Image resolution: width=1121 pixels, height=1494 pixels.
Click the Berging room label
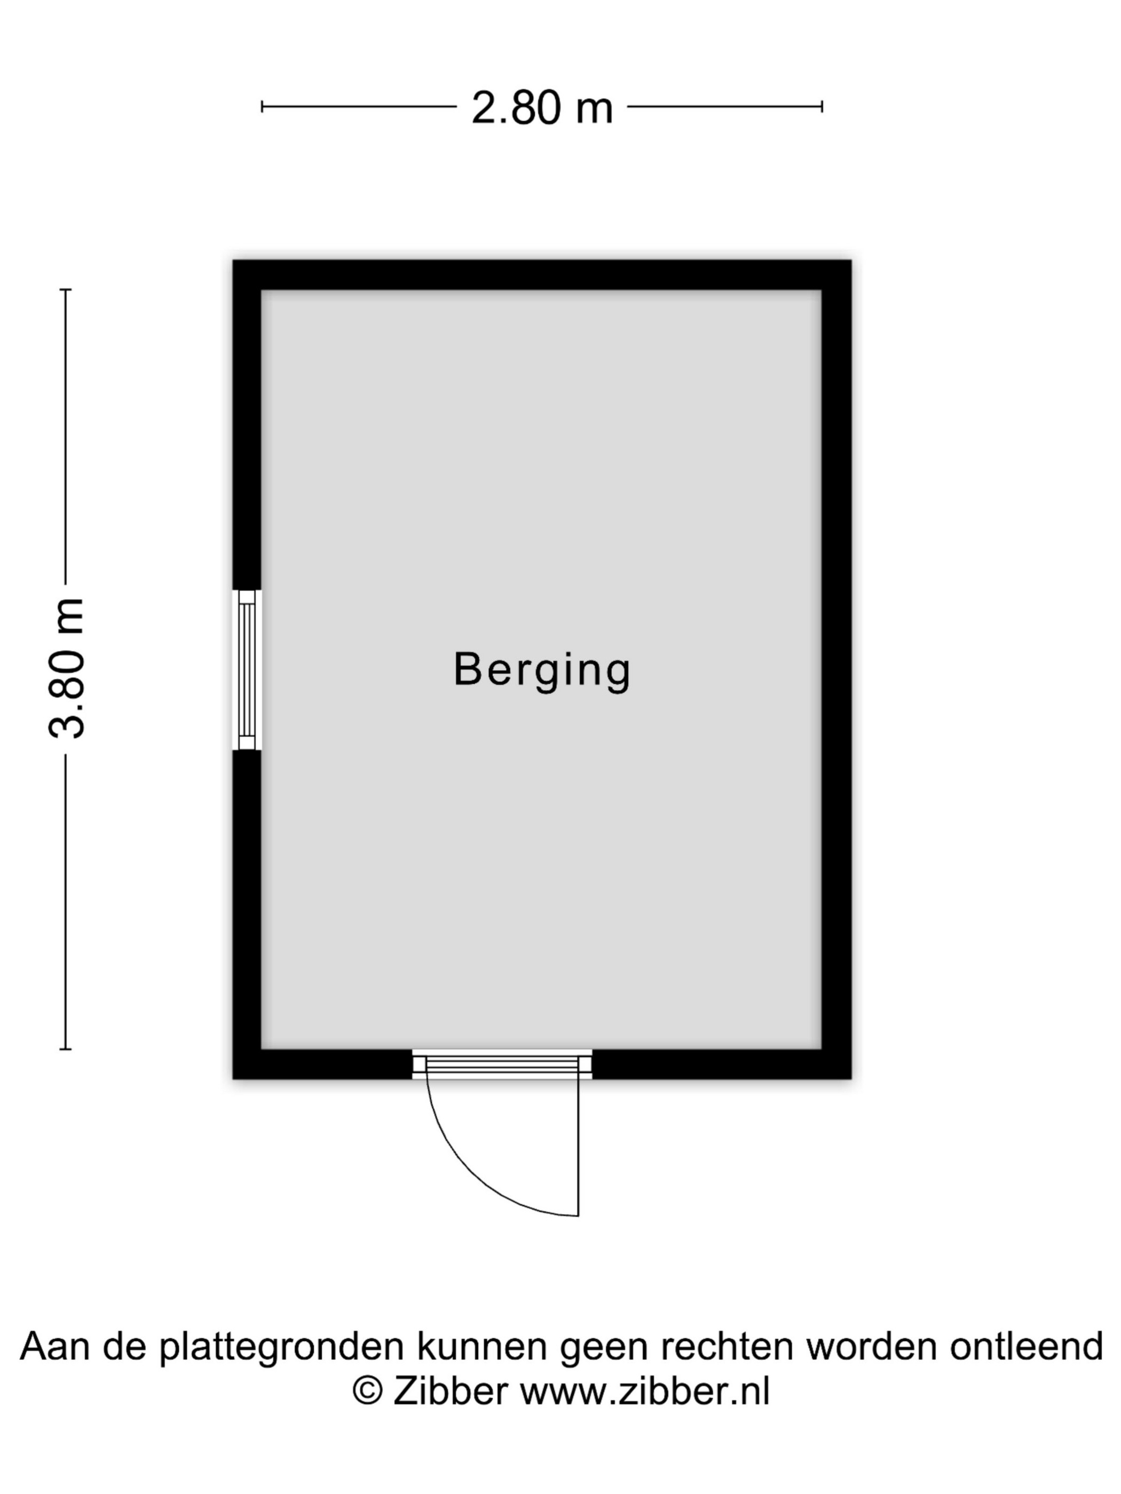(541, 670)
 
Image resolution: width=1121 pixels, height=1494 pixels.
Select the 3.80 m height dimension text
(66, 668)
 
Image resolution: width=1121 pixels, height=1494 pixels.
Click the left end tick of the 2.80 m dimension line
(262, 106)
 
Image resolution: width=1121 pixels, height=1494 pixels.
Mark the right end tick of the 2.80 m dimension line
(822, 106)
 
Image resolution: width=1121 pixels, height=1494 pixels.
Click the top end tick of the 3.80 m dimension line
(66, 290)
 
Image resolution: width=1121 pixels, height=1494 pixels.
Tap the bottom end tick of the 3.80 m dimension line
(66, 1049)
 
